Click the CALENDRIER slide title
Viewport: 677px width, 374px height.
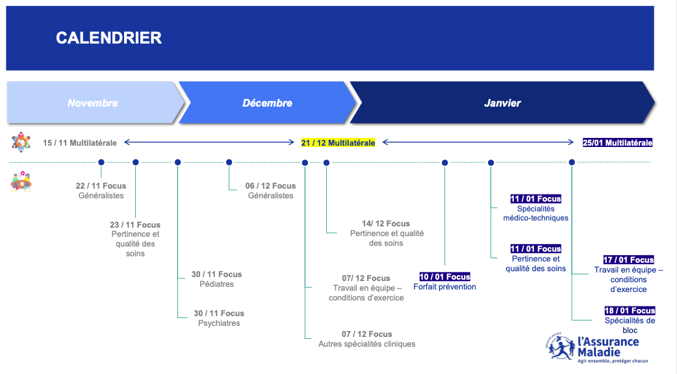coord(109,38)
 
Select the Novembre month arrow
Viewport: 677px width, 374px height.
coord(95,103)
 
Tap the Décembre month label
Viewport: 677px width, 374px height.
coord(267,103)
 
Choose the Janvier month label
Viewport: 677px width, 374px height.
coord(502,103)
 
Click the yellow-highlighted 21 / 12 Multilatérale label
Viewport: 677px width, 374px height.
coord(338,142)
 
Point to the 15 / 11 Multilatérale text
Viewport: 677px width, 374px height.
coord(80,142)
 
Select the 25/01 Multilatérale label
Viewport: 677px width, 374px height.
coord(617,142)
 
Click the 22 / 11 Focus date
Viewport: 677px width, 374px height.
coord(101,186)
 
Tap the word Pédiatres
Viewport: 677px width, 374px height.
coord(217,284)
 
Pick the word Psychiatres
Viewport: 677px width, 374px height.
coord(219,323)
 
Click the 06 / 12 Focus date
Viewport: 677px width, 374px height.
coord(271,186)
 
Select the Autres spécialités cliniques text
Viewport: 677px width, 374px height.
coord(367,343)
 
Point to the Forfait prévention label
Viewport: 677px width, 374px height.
coord(444,287)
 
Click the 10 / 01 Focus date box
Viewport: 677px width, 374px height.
coord(444,276)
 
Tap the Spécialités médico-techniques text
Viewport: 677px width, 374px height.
coord(536,213)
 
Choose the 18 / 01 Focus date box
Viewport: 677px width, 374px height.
coord(630,310)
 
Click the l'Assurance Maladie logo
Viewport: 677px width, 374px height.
coord(593,347)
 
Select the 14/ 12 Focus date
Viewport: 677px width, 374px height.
coord(386,224)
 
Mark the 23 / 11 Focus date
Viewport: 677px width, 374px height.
coord(135,225)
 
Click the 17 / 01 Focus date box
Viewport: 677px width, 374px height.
coord(629,260)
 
